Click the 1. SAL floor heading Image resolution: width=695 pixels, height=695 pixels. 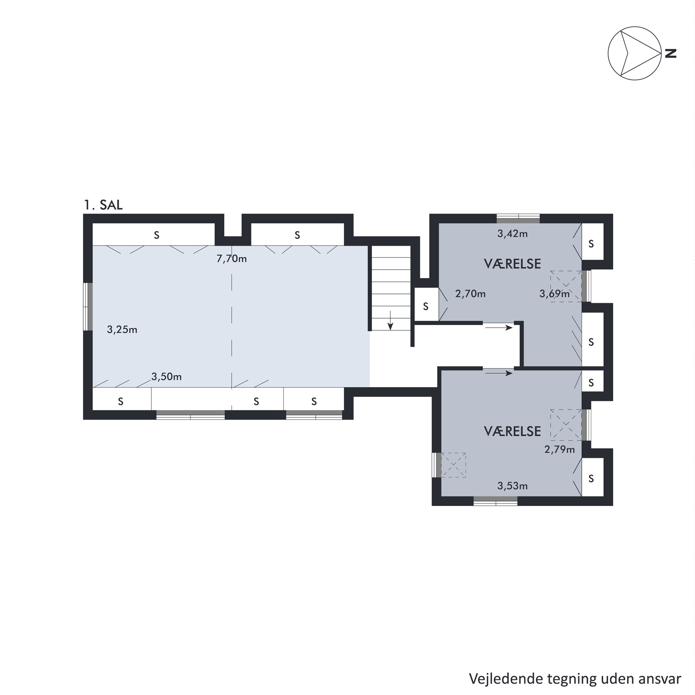coord(104,205)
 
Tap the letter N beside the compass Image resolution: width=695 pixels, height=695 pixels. coord(671,54)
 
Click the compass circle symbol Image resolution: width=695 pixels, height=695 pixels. coord(635,53)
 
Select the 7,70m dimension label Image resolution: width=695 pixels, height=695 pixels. coord(232,259)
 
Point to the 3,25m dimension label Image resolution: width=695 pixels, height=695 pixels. coord(122,330)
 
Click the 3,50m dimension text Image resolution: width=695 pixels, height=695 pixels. coord(167,377)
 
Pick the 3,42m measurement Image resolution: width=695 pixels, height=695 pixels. coord(513,234)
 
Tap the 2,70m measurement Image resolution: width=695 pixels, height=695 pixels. coord(471,294)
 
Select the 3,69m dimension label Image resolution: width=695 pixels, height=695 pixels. coord(555,294)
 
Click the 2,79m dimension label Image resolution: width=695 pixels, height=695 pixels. coord(560,450)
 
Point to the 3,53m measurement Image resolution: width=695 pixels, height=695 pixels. coord(513,486)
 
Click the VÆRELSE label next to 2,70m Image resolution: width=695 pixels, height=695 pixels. coord(513,264)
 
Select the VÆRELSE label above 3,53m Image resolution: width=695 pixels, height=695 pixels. coord(513,431)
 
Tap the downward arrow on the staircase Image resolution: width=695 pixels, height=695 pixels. coord(390,320)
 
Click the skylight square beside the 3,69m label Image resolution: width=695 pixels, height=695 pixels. coord(566,286)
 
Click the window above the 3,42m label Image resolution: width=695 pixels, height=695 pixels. coord(518,219)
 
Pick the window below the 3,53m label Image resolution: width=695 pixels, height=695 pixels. coord(496,501)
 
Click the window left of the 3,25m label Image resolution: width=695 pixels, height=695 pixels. coord(88,307)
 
